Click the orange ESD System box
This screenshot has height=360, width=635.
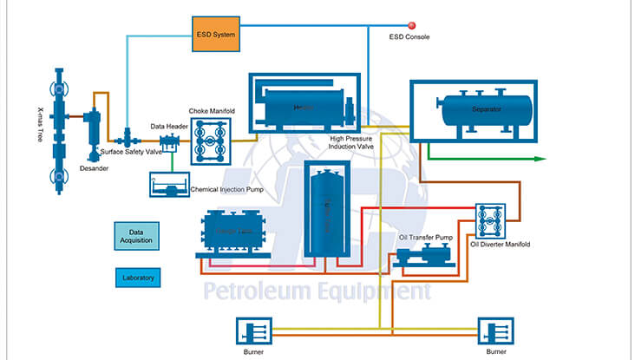click(214, 36)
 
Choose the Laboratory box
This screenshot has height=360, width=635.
click(135, 278)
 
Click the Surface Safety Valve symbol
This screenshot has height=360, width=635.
click(128, 137)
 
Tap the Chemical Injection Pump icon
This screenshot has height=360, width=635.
click(167, 184)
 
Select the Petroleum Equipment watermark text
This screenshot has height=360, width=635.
click(317, 291)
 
